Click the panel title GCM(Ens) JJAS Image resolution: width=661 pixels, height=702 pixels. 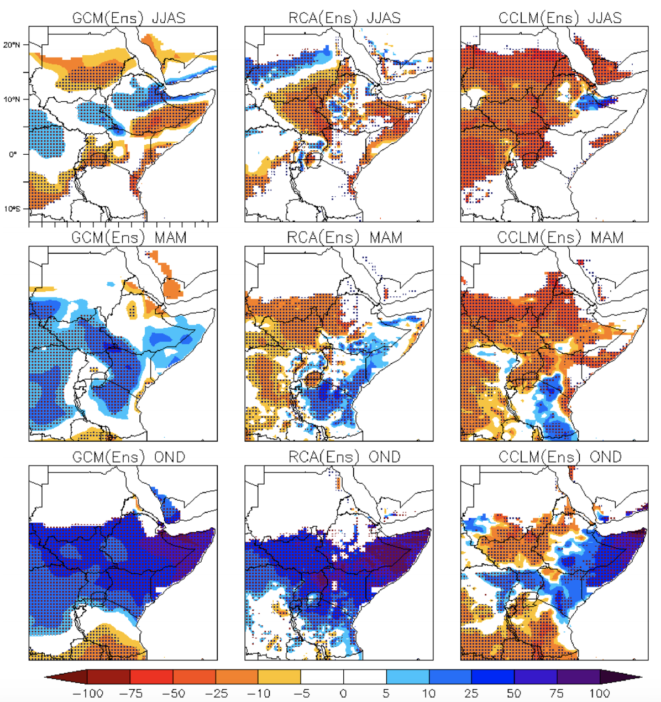(129, 18)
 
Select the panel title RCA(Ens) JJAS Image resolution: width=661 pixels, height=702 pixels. (344, 18)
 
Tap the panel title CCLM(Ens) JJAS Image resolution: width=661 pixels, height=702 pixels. (560, 18)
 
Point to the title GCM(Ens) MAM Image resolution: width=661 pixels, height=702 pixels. (129, 238)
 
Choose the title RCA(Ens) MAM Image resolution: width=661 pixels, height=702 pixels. (344, 238)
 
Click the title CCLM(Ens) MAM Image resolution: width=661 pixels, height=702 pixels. (560, 238)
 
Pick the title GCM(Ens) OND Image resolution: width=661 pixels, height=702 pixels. (129, 457)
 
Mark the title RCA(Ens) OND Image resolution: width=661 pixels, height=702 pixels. (344, 457)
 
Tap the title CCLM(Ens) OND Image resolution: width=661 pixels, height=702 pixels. (560, 457)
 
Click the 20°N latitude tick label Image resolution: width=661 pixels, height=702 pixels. (12, 45)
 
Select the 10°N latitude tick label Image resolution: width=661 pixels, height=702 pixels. (12, 99)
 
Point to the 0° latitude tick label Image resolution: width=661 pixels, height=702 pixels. (13, 154)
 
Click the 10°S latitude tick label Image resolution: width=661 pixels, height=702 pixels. (12, 209)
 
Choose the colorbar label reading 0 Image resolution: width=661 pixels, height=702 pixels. (343, 693)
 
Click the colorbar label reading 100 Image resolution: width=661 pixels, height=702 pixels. (599, 693)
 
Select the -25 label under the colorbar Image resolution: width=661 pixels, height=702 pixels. (216, 693)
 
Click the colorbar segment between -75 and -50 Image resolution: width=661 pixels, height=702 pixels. (151, 677)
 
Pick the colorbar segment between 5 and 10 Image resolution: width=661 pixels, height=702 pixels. (407, 677)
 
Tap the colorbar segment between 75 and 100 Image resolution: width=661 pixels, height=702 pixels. (578, 677)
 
